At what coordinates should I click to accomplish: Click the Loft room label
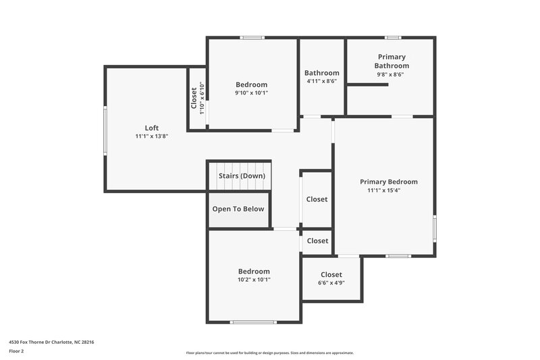pos(152,128)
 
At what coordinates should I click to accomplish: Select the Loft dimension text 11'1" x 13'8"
pos(152,136)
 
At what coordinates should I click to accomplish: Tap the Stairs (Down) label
pos(242,176)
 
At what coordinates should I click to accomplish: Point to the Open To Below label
pos(238,209)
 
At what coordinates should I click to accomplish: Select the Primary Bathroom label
pos(391,61)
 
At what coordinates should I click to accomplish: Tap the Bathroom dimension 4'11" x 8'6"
pos(321,82)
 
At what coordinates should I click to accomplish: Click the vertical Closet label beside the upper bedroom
pos(194,99)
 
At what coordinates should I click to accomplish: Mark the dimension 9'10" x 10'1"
pos(251,93)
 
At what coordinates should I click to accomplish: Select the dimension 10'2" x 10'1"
pos(254,280)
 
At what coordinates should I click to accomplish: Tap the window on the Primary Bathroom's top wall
pos(393,37)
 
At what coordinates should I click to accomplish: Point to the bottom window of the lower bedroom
pos(253,322)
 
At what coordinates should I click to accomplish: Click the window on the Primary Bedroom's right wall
pos(434,228)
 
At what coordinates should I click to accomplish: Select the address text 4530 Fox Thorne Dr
pos(51,342)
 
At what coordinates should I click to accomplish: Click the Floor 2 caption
pos(16,351)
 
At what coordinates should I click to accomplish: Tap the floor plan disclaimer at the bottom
pos(270,353)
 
